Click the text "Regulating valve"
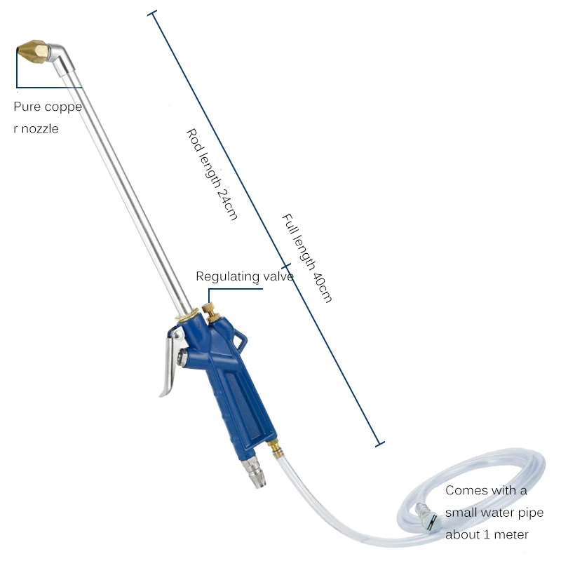[244, 276]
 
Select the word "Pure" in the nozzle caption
[27, 107]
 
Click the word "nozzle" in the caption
[39, 129]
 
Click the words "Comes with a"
[486, 491]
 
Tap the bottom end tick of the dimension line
[380, 443]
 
